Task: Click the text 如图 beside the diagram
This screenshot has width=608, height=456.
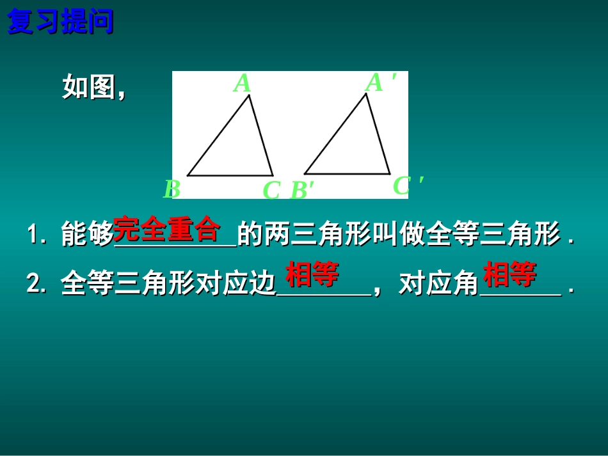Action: pyautogui.click(x=88, y=87)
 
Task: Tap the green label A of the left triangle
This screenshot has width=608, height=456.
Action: pyautogui.click(x=242, y=84)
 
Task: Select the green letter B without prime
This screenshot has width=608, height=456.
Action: pyautogui.click(x=171, y=189)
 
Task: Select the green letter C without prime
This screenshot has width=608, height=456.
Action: pyautogui.click(x=271, y=190)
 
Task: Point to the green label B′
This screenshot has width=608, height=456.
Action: pyautogui.click(x=302, y=191)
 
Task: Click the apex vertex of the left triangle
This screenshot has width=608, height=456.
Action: pyautogui.click(x=249, y=95)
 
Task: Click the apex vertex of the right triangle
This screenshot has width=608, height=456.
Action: pyautogui.click(x=365, y=93)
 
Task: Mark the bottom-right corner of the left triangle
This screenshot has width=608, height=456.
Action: pyautogui.click(x=273, y=175)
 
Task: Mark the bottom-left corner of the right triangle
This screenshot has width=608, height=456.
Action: pyautogui.click(x=305, y=173)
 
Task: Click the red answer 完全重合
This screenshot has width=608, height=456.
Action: pyautogui.click(x=166, y=230)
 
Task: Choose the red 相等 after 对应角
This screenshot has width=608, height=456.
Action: pyautogui.click(x=509, y=276)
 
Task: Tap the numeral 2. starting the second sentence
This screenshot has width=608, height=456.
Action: pyautogui.click(x=37, y=284)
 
